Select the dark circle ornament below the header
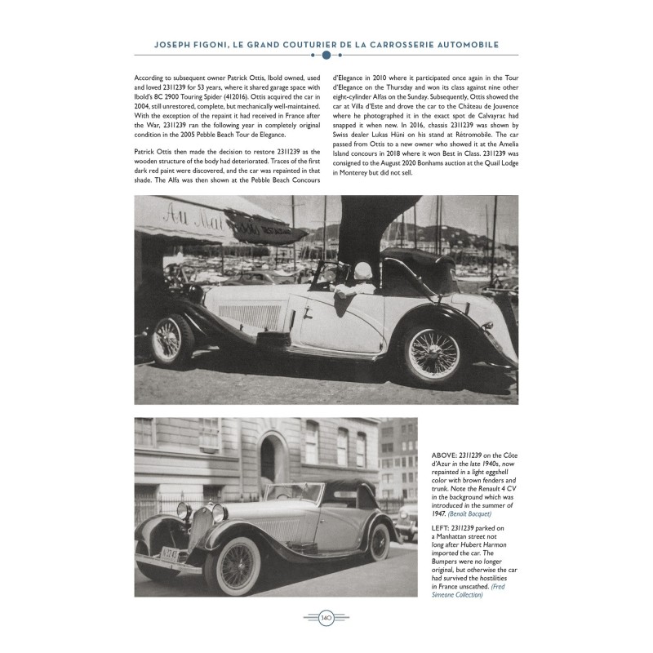click(326, 56)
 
